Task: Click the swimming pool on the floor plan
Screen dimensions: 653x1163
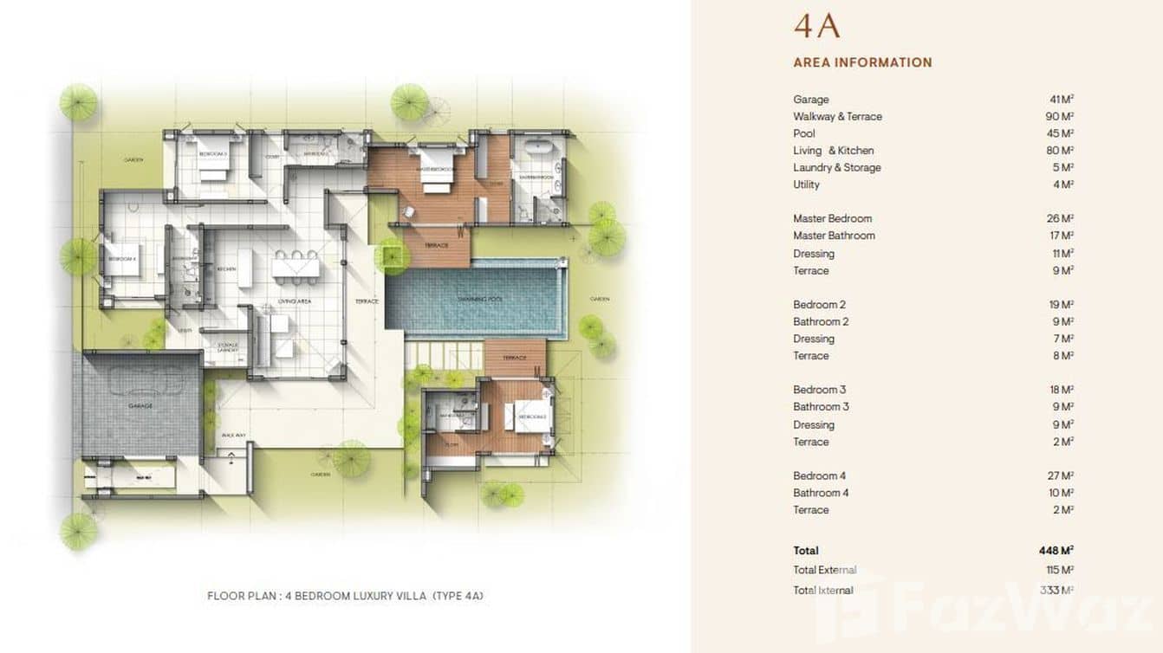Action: [x=477, y=300]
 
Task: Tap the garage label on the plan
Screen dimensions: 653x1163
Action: [x=140, y=405]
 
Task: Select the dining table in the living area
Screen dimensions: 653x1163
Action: [x=296, y=267]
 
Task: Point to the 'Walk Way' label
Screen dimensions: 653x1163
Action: [x=231, y=435]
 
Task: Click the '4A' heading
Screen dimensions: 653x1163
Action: [x=816, y=26]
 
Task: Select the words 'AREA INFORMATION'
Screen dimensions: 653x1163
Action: [x=862, y=62]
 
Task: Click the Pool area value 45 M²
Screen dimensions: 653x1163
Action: [x=1062, y=133]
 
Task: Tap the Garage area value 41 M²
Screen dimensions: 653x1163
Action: [x=1062, y=100]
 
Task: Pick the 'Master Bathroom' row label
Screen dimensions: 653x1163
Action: [x=834, y=236]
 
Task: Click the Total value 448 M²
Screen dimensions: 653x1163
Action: [x=1056, y=550]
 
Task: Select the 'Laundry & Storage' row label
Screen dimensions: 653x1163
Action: [x=836, y=167]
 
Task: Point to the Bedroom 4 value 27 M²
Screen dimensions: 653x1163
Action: [x=1062, y=475]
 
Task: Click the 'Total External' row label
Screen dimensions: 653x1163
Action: [x=824, y=570]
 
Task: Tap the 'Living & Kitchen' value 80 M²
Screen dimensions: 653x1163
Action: [x=1060, y=151]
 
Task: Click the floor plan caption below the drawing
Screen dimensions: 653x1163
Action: [x=345, y=596]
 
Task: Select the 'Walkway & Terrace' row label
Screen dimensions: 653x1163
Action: [x=837, y=116]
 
